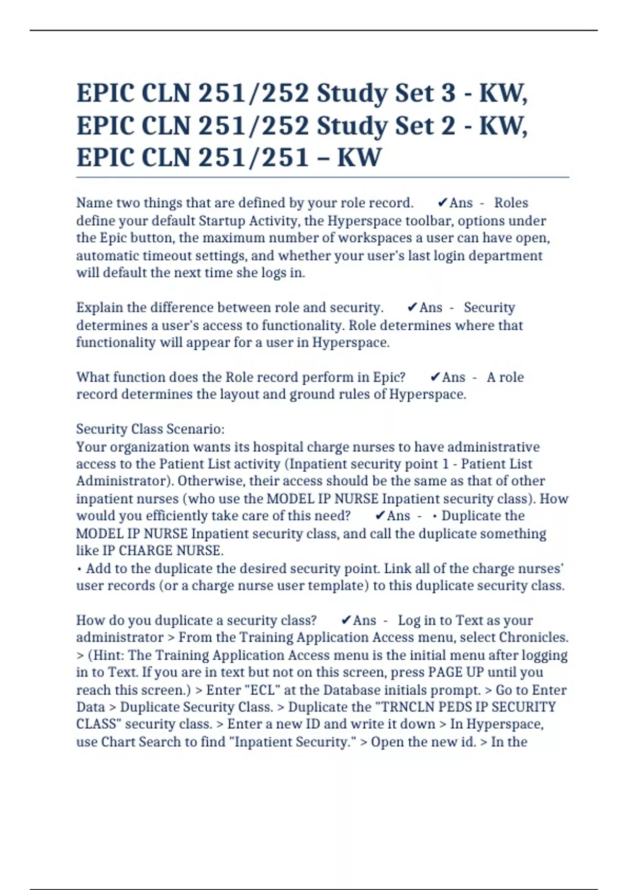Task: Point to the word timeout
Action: pyautogui.click(x=215, y=255)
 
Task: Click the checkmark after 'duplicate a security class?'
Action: pyautogui.click(x=345, y=620)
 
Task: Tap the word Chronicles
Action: pyautogui.click(x=533, y=637)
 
